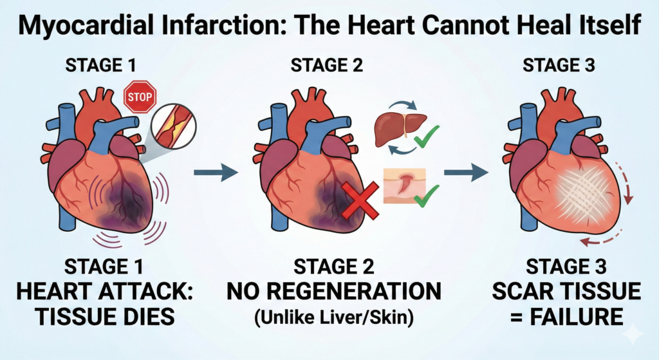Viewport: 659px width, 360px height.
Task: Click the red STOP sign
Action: (x=140, y=97)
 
